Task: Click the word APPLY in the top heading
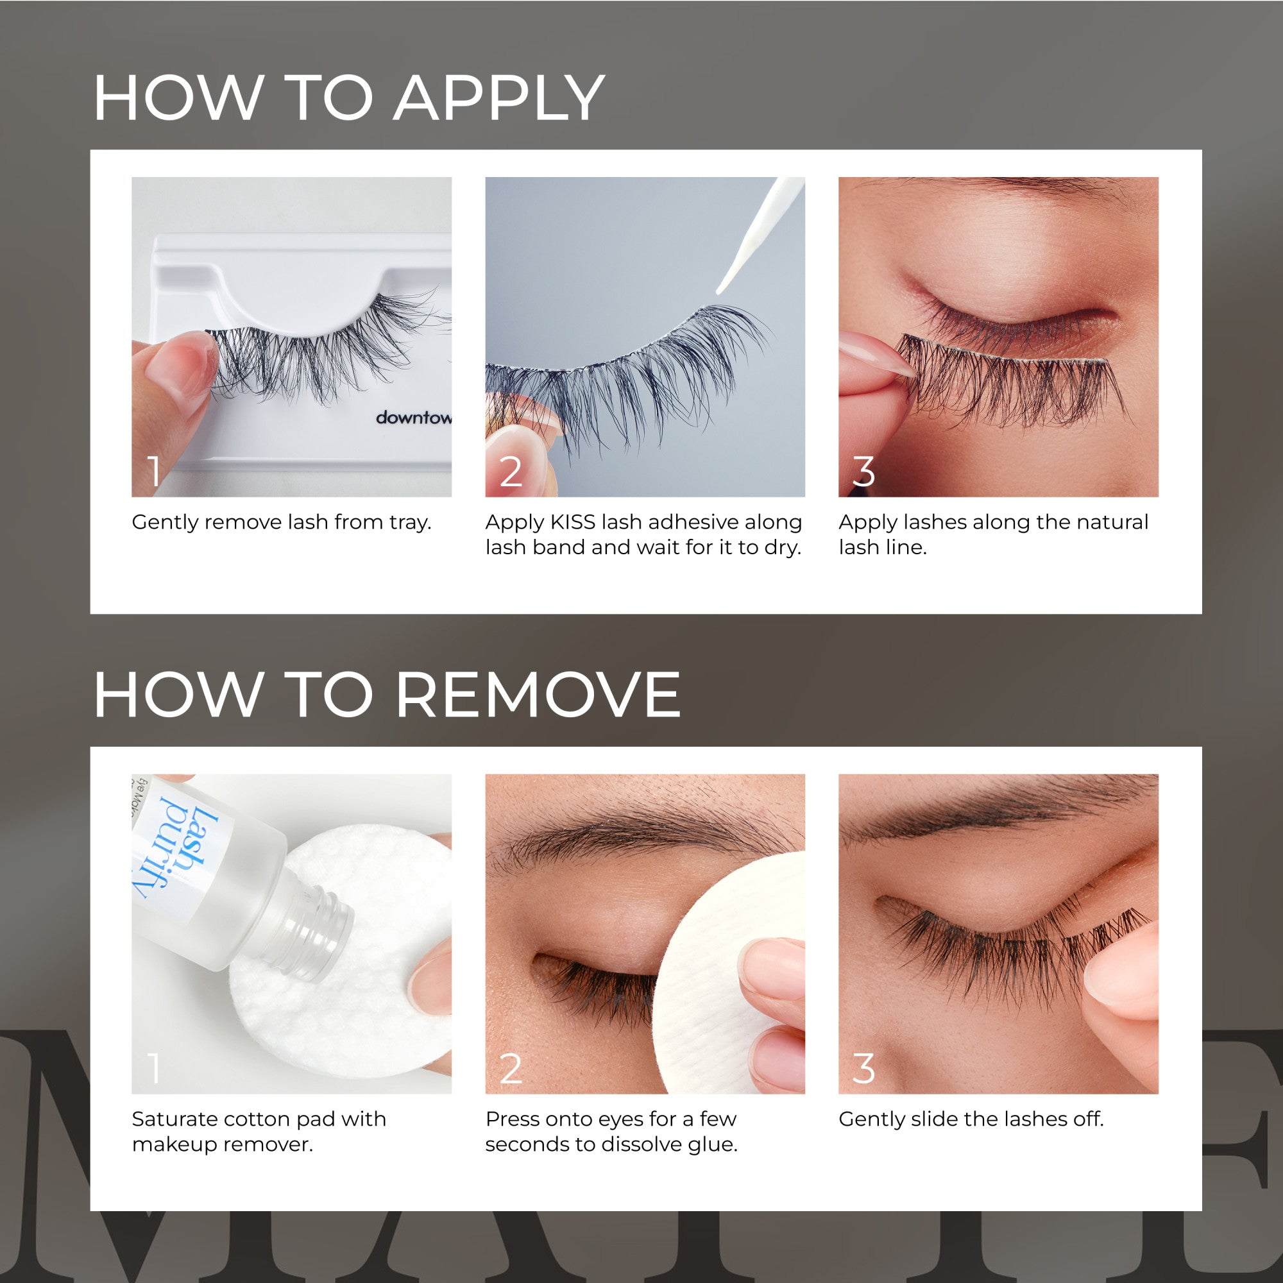[x=498, y=98]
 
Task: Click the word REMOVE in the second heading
[x=538, y=695]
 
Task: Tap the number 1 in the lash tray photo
[x=154, y=472]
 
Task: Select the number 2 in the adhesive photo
[x=510, y=472]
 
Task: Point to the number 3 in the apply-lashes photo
[x=863, y=472]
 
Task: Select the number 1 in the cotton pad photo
[x=154, y=1069]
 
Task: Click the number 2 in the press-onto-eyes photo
[x=510, y=1069]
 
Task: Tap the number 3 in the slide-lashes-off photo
[x=863, y=1069]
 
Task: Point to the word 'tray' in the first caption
[x=410, y=523]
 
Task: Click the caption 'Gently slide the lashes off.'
[x=971, y=1119]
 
